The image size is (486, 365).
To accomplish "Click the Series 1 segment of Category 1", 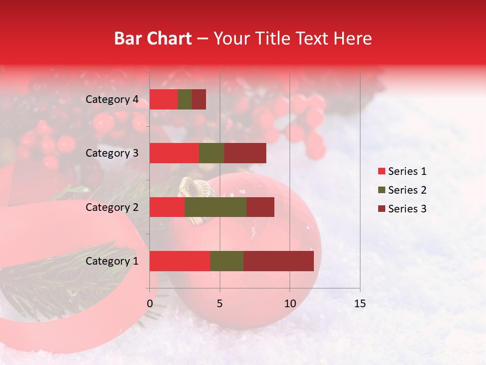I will pyautogui.click(x=180, y=261).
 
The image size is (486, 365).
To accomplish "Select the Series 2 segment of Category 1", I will pyautogui.click(x=227, y=261).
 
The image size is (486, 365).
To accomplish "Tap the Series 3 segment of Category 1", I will pyautogui.click(x=278, y=261).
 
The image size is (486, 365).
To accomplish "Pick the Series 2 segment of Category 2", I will pyautogui.click(x=216, y=207).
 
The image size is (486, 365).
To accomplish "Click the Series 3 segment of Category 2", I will pyautogui.click(x=260, y=207).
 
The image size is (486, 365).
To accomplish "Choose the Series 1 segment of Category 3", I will pyautogui.click(x=174, y=153).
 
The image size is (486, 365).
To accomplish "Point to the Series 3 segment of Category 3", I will pyautogui.click(x=245, y=153).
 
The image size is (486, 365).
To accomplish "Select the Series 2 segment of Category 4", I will pyautogui.click(x=185, y=99).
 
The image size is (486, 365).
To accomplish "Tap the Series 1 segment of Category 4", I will pyautogui.click(x=164, y=99).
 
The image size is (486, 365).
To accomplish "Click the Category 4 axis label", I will pyautogui.click(x=112, y=99).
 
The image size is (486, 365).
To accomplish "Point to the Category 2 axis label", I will pyautogui.click(x=112, y=207).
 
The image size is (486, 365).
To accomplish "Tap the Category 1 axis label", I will pyautogui.click(x=112, y=261).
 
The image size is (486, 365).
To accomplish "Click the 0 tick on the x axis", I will pyautogui.click(x=150, y=304).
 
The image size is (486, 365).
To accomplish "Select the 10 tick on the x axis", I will pyautogui.click(x=290, y=304).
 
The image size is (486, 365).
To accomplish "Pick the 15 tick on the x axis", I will pyautogui.click(x=359, y=304).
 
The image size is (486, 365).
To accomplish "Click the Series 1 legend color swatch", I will pyautogui.click(x=381, y=171).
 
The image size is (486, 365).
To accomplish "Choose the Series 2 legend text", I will pyautogui.click(x=407, y=190).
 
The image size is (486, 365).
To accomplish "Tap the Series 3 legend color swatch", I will pyautogui.click(x=381, y=209).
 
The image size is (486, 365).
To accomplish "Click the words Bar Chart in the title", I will pyautogui.click(x=153, y=39).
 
